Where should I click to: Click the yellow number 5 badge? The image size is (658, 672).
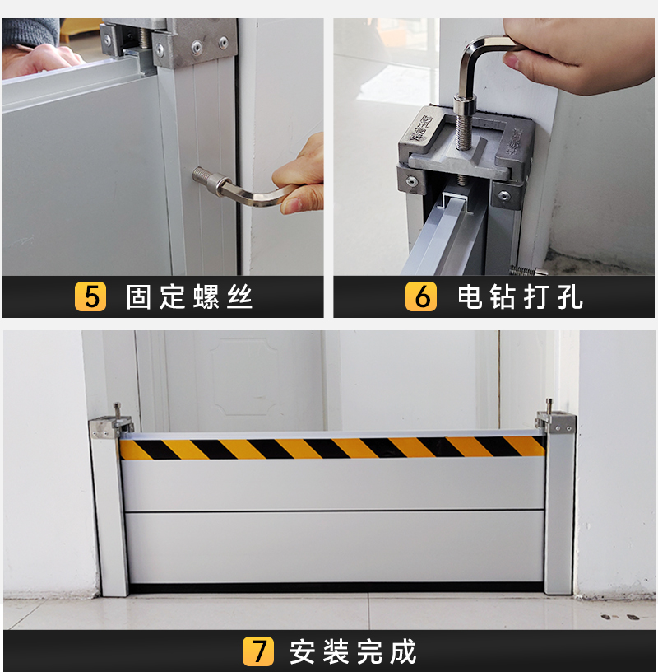pos(90,296)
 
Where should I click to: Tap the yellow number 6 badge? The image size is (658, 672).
pos(421,296)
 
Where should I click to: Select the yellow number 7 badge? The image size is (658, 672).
pos(258,651)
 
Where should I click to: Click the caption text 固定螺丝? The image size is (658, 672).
pos(189,296)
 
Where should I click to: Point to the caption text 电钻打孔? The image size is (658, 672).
pos(520,296)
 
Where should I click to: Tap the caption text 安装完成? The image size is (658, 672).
pos(353,651)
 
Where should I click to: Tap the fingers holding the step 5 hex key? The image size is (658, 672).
pos(299,175)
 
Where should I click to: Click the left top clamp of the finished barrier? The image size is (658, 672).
pos(110,424)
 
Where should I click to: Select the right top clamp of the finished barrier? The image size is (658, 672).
pos(555,420)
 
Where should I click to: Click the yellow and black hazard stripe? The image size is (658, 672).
pos(332,448)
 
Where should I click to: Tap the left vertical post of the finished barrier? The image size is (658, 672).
pos(110,514)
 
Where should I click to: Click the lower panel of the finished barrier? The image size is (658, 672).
pos(335,547)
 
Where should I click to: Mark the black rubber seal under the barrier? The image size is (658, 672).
pos(336,587)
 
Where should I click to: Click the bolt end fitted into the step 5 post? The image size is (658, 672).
pos(202,175)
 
